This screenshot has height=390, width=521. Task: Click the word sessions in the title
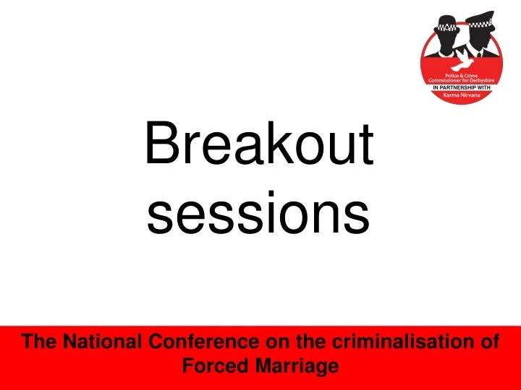258,214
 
